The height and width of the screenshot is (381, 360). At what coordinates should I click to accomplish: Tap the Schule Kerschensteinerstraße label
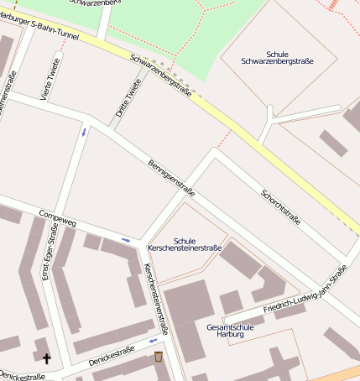(185, 244)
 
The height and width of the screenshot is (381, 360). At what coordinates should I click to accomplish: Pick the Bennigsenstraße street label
(171, 178)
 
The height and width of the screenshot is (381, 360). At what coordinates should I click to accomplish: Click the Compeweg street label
(57, 217)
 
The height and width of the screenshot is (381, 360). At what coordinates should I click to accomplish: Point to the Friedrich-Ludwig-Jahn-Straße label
(305, 290)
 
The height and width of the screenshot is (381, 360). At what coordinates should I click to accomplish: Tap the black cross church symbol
(46, 358)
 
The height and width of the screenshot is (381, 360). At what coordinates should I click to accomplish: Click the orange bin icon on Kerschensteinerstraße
(158, 358)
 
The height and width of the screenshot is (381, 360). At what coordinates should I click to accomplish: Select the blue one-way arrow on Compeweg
(126, 241)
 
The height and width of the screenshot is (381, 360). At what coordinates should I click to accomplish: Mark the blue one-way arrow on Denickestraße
(153, 341)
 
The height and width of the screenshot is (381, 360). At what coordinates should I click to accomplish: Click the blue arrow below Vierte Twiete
(83, 132)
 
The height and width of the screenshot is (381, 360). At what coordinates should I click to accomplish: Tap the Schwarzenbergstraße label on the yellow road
(161, 76)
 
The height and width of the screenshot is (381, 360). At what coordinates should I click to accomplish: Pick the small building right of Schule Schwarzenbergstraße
(332, 142)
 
